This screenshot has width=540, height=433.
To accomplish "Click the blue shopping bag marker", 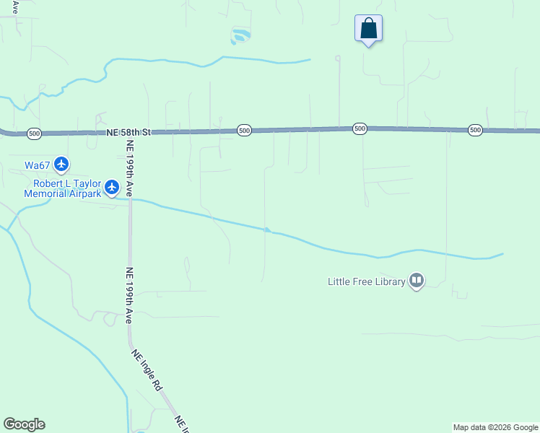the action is [x=368, y=29].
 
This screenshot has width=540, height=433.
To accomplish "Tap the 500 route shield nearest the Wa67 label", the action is [x=34, y=134].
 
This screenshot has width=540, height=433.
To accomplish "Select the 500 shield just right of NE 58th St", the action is [x=244, y=131].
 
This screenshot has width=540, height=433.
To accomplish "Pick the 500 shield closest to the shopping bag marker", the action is [x=360, y=128].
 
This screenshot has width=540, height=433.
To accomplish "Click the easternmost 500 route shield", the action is [x=474, y=130].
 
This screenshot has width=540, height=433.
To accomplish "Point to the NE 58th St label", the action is [x=129, y=133].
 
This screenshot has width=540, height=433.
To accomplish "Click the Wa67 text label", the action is [x=37, y=165].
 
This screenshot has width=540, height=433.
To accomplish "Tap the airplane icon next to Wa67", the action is [x=61, y=165].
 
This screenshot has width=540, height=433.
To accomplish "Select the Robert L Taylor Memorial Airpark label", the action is [x=63, y=188].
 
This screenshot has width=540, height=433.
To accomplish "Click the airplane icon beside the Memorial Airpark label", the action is [x=111, y=188].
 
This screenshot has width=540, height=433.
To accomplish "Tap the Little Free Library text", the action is [x=367, y=281].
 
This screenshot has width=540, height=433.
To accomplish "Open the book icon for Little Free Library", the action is [x=416, y=281].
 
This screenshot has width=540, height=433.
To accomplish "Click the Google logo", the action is [x=24, y=424].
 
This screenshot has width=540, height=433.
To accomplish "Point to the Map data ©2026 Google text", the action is [x=495, y=427].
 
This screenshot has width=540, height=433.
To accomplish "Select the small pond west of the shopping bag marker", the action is [x=240, y=35].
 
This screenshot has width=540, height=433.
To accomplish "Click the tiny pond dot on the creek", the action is [x=267, y=230].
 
